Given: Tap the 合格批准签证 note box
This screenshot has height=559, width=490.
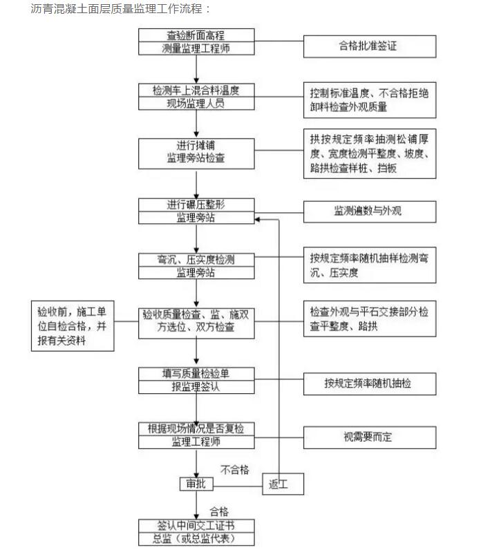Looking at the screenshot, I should click(370, 46).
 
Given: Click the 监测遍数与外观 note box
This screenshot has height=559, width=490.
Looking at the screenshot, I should click(370, 211).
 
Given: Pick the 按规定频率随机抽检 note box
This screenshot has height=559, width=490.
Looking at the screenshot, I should click(370, 382).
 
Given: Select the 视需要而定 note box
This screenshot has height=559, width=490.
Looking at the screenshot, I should click(370, 437).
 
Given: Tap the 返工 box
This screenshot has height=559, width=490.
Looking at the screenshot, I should click(282, 484).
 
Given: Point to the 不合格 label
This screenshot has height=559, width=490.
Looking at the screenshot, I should click(234, 470).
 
